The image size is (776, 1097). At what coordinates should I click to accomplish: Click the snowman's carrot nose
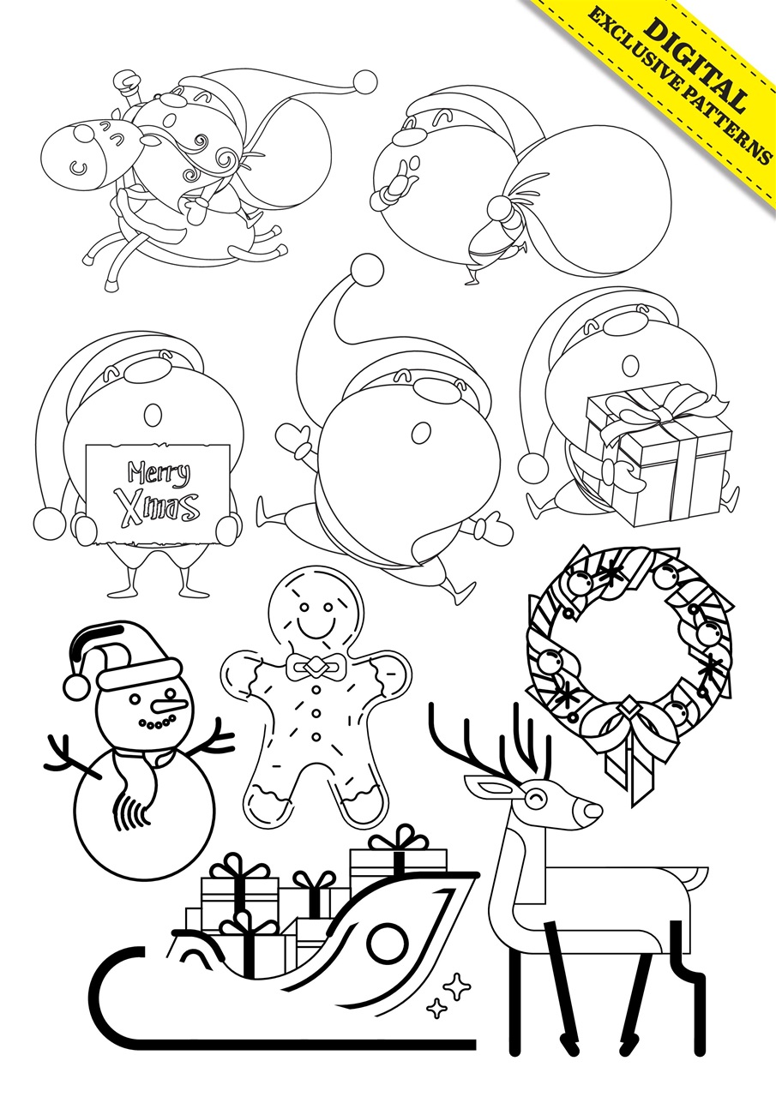[x=168, y=705]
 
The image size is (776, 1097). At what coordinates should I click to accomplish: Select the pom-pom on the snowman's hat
[x=76, y=686]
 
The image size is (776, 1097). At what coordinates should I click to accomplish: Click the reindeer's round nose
[x=591, y=810]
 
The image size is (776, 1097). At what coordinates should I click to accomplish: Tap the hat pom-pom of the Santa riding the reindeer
[x=366, y=81]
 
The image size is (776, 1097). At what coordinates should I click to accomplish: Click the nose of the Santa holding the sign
[x=153, y=415]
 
